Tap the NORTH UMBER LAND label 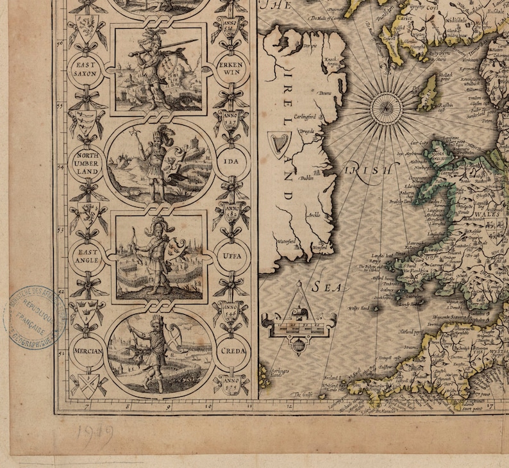click(x=87, y=163)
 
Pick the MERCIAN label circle click(x=87, y=351)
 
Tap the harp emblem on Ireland click(x=278, y=145)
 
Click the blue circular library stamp click(x=37, y=317)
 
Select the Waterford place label click(x=286, y=241)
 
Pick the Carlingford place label click(x=306, y=116)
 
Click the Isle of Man click(x=426, y=94)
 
